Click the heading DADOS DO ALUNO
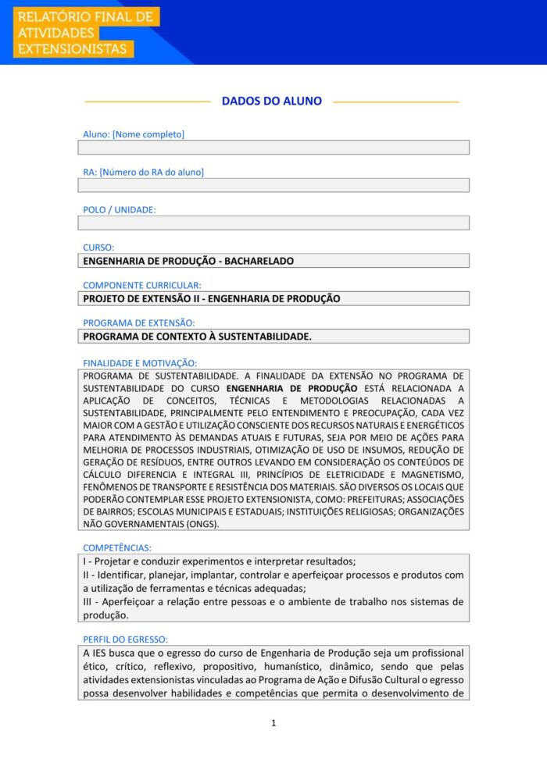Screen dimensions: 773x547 coord(272,102)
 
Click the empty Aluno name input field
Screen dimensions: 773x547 coord(273,148)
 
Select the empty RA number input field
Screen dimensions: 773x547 coord(273,185)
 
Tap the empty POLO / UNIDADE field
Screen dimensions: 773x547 coord(273,223)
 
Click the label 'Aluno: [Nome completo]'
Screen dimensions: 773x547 coord(134,134)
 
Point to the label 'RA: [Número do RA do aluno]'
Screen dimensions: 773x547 coord(143,172)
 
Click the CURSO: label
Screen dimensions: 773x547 coord(98,248)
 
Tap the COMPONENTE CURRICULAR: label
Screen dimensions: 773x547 coord(142,286)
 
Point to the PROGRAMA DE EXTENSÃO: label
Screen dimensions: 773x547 coord(139,322)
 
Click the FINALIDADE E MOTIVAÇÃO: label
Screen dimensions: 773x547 coord(140,363)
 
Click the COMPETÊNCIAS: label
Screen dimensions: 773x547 coord(117,548)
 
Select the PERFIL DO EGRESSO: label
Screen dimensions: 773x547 coord(125,639)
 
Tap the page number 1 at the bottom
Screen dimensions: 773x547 coord(273,723)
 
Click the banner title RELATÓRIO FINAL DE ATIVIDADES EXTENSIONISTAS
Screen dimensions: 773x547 coord(85,33)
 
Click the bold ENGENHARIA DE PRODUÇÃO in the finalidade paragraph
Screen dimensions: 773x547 coord(291,388)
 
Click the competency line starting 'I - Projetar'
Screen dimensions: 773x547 coord(219,562)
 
